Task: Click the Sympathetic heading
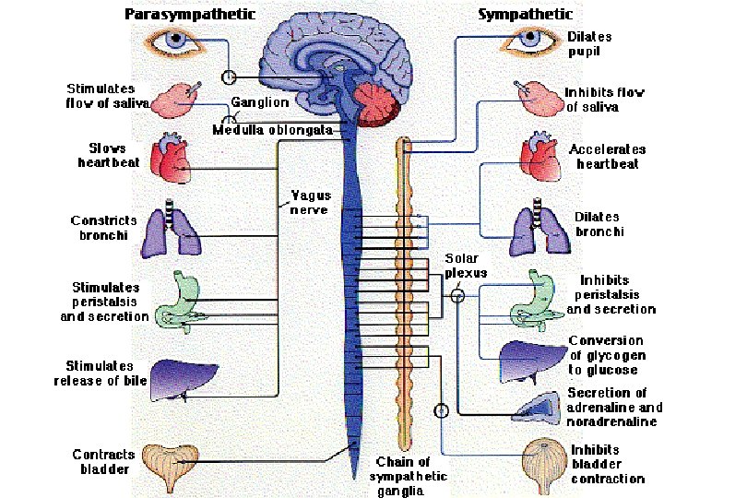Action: tap(525, 14)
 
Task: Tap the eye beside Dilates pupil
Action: tap(528, 40)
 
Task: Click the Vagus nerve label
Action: tap(305, 202)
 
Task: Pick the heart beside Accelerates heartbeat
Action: tap(539, 154)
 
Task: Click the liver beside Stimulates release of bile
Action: tap(180, 378)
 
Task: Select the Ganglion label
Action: tap(259, 102)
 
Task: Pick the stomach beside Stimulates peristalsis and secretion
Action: tap(184, 299)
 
